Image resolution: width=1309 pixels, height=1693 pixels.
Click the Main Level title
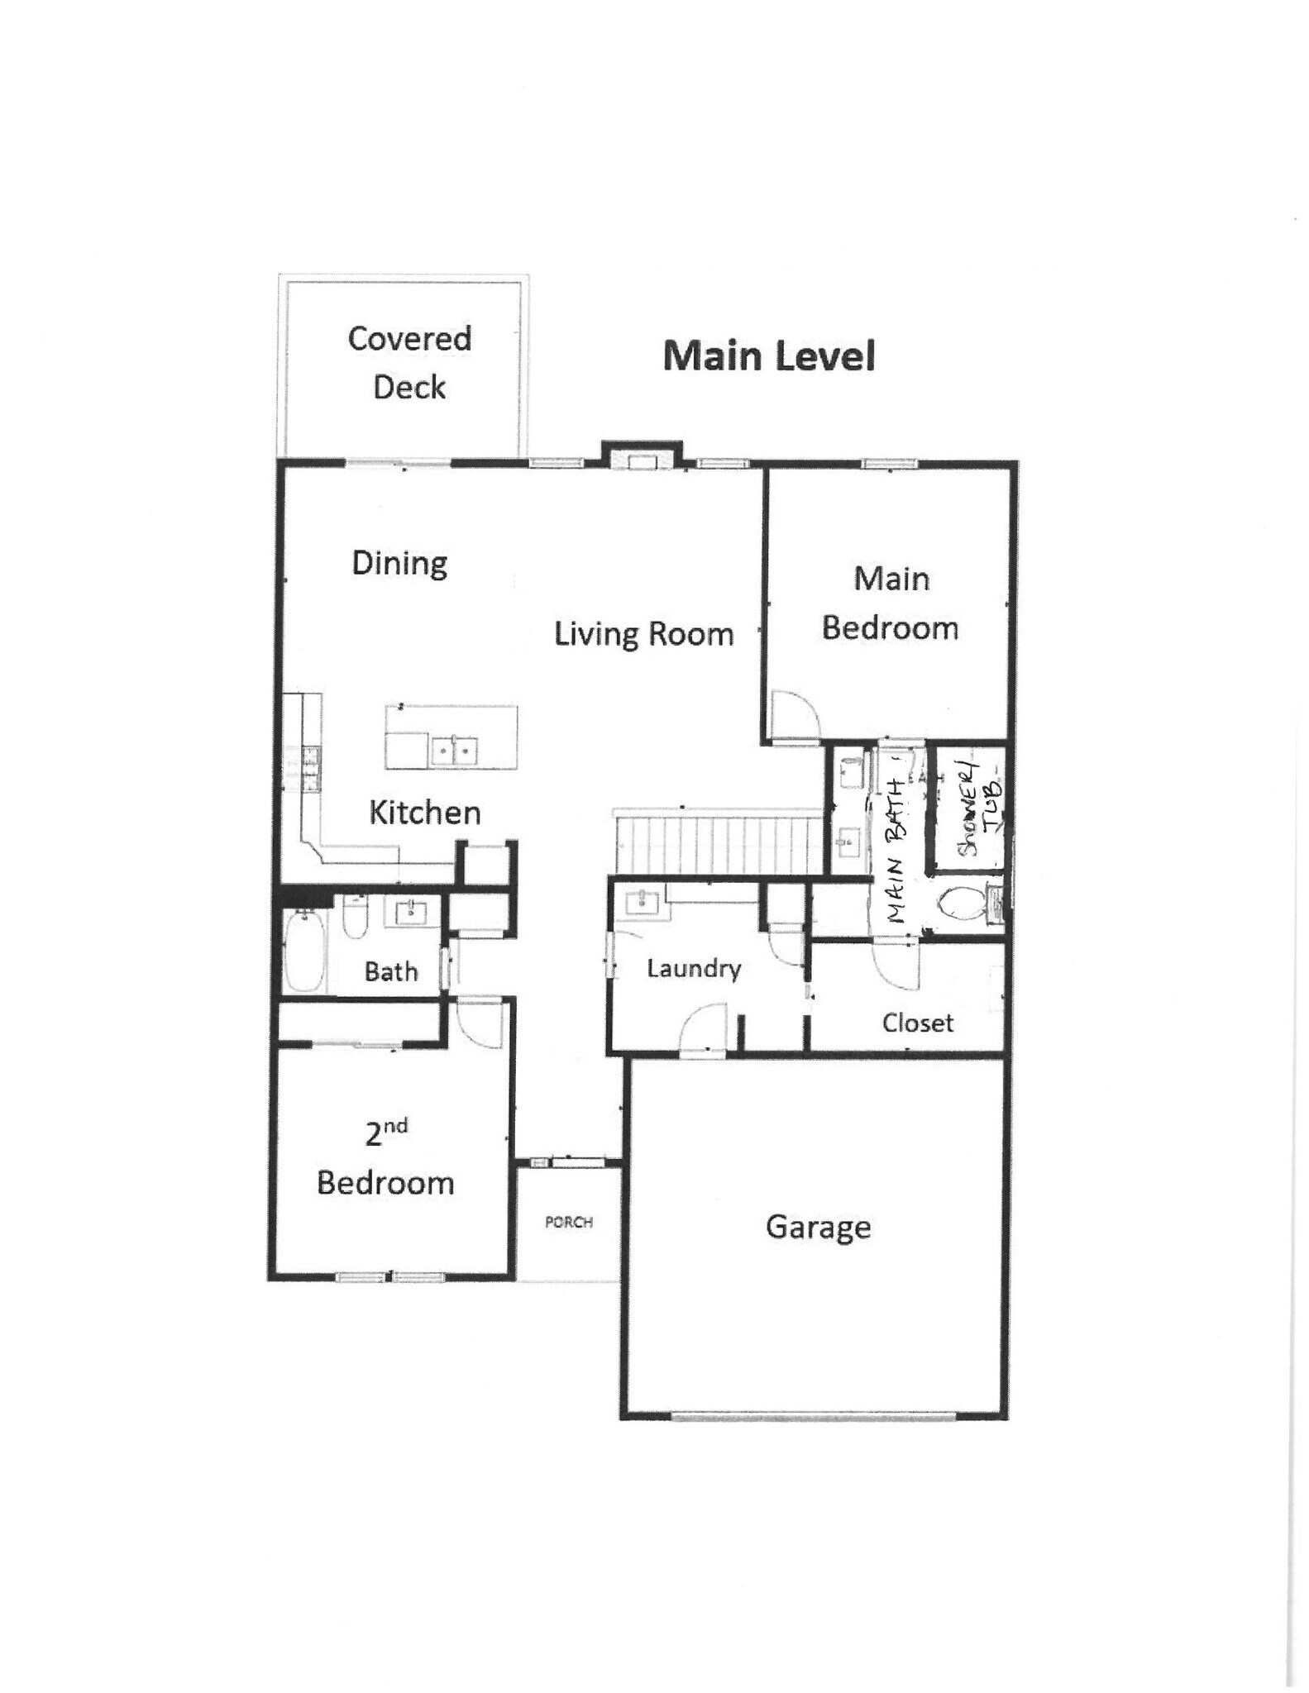coord(768,356)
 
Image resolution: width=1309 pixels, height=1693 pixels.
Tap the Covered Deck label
coord(409,362)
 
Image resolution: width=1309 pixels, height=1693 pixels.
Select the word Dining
coord(399,563)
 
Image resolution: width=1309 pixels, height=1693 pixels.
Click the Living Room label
coord(643,634)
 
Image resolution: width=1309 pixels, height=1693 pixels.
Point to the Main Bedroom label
coord(890,603)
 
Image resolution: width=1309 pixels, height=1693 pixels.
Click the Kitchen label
coord(424,813)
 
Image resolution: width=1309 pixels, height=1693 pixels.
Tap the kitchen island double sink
coord(454,751)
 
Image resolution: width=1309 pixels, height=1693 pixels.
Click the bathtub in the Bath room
coord(304,951)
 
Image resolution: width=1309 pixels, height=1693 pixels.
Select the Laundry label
coord(693,968)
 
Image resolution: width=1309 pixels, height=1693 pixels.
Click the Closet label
coord(917,1023)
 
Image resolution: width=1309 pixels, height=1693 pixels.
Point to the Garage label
coord(818,1227)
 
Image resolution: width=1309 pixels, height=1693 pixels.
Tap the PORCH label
coord(569,1222)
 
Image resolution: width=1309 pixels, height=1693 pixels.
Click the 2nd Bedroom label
coord(385,1159)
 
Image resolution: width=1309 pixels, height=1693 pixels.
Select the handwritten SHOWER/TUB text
coord(977,808)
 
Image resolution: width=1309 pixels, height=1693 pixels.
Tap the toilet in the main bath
coord(959,903)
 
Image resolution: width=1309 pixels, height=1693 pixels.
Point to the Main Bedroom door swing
coord(791,713)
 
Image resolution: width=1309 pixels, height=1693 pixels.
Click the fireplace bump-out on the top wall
coord(642,456)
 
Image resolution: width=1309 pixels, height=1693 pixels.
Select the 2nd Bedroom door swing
coord(479,1022)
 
